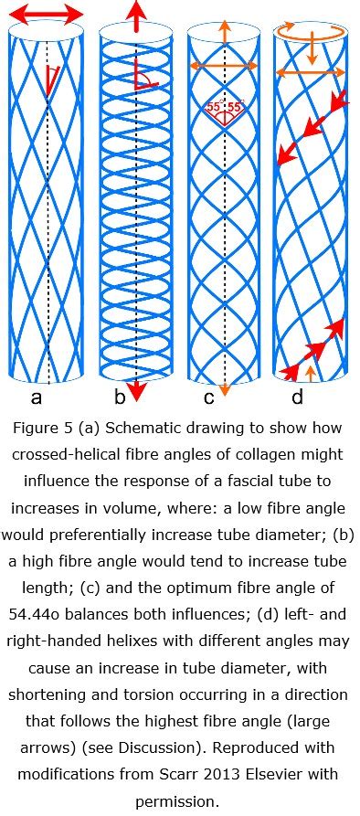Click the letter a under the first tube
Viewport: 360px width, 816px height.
tap(37, 398)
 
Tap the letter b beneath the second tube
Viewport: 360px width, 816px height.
tap(119, 398)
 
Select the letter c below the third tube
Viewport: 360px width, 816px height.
tap(208, 398)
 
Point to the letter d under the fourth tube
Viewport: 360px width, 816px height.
tap(298, 398)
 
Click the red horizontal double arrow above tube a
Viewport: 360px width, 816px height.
tap(46, 13)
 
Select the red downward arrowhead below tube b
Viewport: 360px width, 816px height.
tap(136, 393)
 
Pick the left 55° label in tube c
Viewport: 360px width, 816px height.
tap(215, 107)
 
